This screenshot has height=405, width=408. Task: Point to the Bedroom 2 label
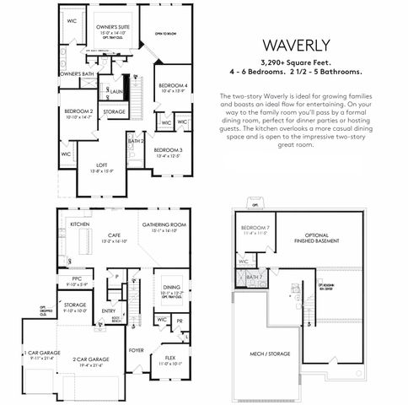coord(78,111)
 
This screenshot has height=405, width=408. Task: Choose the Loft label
coord(102,165)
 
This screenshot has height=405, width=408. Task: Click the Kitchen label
coord(80,224)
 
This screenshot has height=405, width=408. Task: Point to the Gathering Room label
coord(164,225)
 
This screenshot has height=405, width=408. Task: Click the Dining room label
coord(171,288)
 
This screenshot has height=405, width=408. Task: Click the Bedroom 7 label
coord(255,229)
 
